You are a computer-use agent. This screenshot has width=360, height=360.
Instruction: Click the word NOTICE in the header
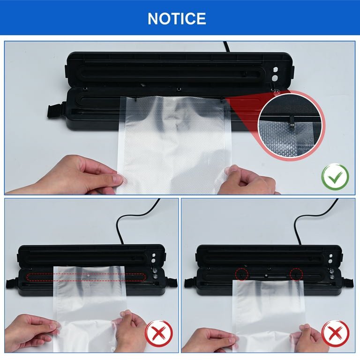pyautogui.click(x=177, y=19)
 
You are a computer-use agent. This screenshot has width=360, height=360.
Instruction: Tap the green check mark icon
pyautogui.click(x=335, y=177)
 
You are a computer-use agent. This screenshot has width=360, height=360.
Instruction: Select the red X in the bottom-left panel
pyautogui.click(x=159, y=334)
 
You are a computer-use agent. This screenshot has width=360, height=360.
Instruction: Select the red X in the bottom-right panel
pyautogui.click(x=336, y=334)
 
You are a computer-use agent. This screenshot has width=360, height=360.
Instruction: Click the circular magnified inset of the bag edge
pyautogui.click(x=292, y=126)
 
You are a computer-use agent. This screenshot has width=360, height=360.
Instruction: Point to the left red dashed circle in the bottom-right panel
pyautogui.click(x=241, y=274)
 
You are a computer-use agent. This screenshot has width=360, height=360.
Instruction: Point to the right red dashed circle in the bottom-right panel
pyautogui.click(x=296, y=274)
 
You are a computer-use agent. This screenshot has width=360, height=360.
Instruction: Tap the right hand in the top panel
pyautogui.click(x=248, y=180)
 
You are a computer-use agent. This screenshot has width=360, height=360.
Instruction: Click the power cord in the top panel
pyautogui.click(x=226, y=47)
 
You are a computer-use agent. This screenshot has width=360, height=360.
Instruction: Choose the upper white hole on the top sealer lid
pyautogui.click(x=276, y=69)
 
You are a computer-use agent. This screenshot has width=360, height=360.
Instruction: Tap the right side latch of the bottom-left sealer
pyautogui.click(x=172, y=283)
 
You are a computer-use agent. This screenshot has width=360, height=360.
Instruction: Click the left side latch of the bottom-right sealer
pyautogui.click(x=191, y=282)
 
